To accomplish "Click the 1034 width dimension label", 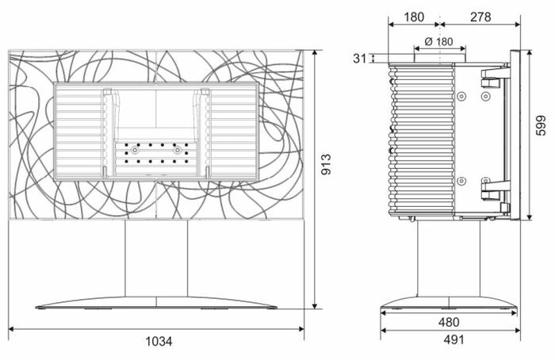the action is [159, 341].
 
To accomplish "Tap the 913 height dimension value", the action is [326, 164].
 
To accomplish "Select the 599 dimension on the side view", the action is [541, 125].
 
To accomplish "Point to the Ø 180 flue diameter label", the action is [438, 42].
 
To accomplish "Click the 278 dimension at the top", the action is [480, 17].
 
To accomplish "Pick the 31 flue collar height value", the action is [360, 59].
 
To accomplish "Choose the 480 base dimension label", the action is [449, 322].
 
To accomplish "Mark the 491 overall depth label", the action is [454, 339].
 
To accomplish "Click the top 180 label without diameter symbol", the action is [414, 17].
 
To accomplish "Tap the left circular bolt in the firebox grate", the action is [135, 150].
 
